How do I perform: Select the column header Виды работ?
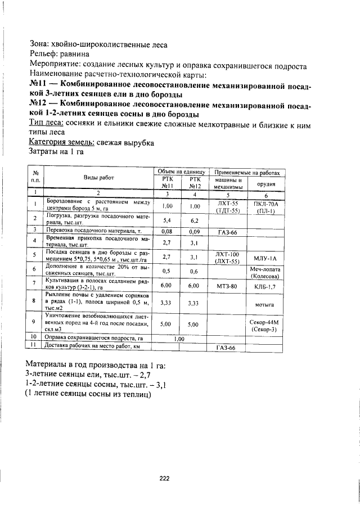(99, 177)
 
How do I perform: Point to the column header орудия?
(265, 183)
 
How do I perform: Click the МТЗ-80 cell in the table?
(227, 286)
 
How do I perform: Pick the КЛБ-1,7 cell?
(264, 286)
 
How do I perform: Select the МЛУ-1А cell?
(264, 256)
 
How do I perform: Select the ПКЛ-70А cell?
(264, 203)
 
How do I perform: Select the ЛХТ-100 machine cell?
(227, 254)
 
